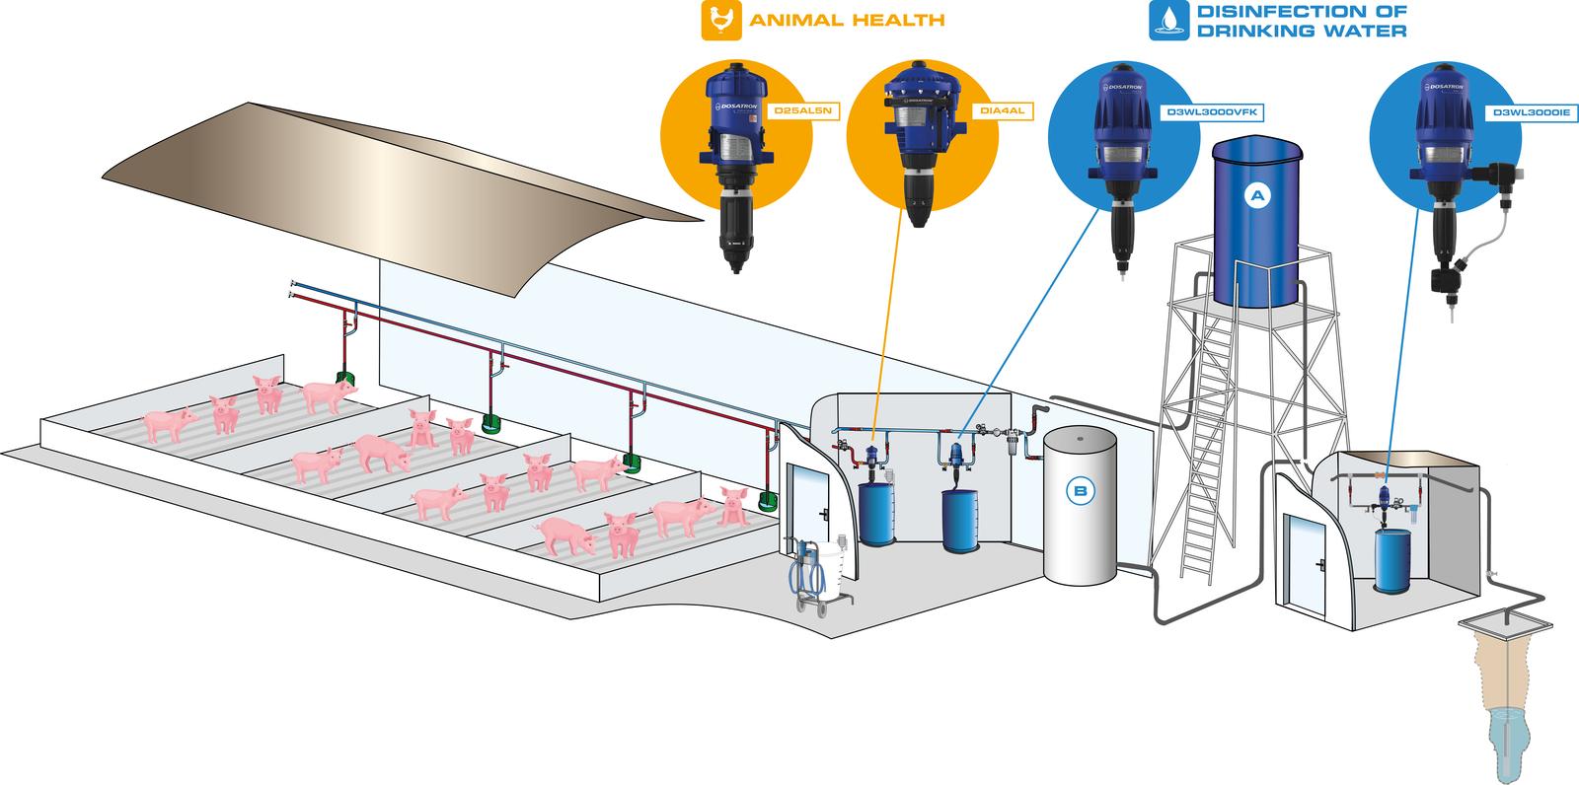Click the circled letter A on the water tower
pyautogui.click(x=1256, y=196)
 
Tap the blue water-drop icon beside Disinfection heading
pyautogui.click(x=1168, y=21)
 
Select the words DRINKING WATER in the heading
pyautogui.click(x=1301, y=32)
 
